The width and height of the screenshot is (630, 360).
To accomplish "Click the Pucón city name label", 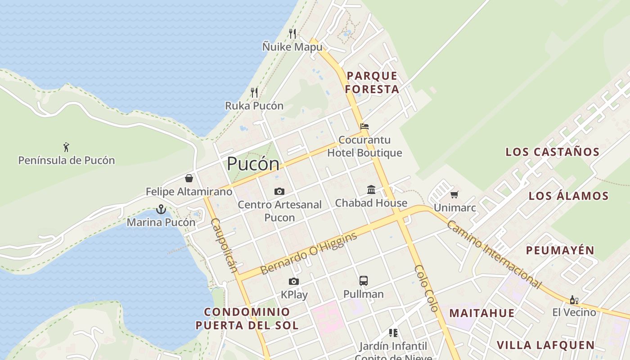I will pos(253,164).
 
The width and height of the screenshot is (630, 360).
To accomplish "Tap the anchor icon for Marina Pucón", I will pos(161,209).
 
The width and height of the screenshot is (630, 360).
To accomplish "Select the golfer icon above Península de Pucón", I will pos(67,147).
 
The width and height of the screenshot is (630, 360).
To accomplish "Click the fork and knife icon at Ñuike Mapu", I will pos(292,33).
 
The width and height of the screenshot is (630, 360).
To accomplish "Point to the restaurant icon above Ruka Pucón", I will pos(254,93).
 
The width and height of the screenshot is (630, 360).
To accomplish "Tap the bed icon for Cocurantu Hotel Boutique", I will pos(364,126).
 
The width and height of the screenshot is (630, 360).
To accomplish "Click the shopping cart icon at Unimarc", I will pos(454,195).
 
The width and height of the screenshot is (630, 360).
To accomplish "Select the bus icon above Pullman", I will pos(364,281).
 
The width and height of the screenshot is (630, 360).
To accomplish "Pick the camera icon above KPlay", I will pos(294,282).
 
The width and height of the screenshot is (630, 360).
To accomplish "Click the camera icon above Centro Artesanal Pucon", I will pos(279,192).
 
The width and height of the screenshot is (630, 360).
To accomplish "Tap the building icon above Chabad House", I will pos(371,190).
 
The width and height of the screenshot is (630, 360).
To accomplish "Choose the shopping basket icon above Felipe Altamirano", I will pos(189,178).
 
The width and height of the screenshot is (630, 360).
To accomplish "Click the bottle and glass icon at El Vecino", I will pos(574,300).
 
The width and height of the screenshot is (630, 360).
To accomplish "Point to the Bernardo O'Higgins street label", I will pos(309,253).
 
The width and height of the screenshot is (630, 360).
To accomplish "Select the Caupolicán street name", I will pos(224,245).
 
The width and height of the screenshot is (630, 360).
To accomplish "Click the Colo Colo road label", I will pos(426,288).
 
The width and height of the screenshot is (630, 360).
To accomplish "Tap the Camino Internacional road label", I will pos(494,254).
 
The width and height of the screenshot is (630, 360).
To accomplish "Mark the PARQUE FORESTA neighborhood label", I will pos(372,82).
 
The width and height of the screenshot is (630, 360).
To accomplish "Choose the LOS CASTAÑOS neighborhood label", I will pos(553,152).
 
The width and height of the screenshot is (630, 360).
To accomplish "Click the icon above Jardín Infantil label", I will pos(393,333).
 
